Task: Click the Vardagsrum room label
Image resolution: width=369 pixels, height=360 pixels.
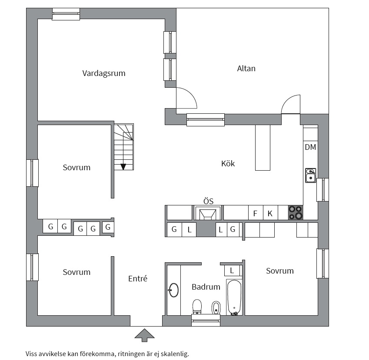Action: coord(104,73)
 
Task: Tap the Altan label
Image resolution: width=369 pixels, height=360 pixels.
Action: coord(246,69)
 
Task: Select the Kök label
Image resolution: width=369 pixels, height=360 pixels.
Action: coord(228,164)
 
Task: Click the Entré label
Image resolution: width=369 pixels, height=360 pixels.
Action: coord(138,279)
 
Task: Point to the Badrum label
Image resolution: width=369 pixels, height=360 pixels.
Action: coord(206,287)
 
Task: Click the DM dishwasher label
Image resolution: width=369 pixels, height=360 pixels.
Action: coord(310,147)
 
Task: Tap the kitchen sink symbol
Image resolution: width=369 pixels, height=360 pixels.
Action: coord(310,175)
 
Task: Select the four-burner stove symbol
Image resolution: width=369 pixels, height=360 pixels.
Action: coord(296,212)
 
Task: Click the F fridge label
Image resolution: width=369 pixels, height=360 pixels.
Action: coord(255,213)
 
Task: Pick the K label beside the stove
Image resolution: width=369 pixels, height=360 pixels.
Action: coord(270,213)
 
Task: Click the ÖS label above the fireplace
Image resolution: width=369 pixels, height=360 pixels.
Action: coord(208,201)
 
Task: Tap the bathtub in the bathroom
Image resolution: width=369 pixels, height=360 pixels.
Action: coord(234,297)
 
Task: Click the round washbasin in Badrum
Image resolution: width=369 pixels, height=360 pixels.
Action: coord(173,290)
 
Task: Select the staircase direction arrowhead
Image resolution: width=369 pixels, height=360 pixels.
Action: coord(123,166)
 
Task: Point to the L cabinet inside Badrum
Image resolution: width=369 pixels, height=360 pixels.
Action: coord(232,271)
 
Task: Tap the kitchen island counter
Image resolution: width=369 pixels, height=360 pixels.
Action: coord(263,148)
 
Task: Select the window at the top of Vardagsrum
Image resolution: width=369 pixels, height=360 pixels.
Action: coord(66,14)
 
